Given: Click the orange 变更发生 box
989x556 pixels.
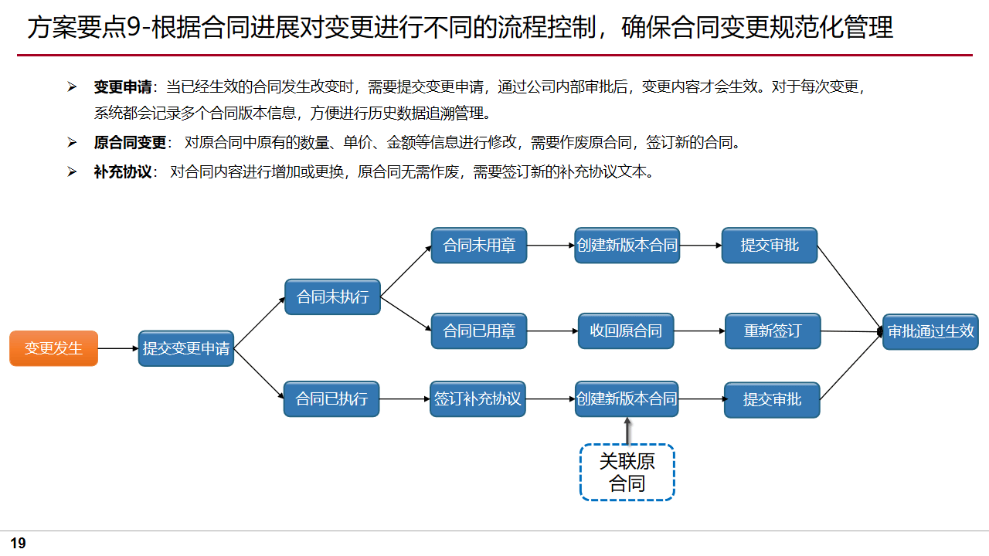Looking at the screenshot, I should pos(53,348).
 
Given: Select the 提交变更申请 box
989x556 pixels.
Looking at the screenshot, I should pos(186,348).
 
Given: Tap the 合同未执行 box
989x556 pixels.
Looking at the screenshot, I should pos(332,297).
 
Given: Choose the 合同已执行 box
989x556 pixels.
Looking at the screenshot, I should pos(331,399).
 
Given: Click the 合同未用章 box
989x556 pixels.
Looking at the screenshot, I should pos(479,246).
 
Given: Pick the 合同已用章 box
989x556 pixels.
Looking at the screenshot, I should pos(479,331).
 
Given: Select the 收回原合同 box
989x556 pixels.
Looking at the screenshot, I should pos(626,331).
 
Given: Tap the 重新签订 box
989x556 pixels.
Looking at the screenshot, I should pos(773,331).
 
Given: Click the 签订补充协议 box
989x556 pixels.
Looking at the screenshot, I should pos(478,399).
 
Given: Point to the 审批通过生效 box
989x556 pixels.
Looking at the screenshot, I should pos(930,331).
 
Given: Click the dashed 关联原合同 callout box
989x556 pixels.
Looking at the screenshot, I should pos(627,473).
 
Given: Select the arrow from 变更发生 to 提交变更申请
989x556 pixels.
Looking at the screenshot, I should pos(118,348).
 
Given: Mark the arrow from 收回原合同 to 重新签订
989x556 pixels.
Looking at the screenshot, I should pos(699,331).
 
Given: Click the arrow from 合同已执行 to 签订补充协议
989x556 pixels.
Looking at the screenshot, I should pos(405,399).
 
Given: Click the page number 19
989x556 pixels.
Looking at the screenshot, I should pos(18,543).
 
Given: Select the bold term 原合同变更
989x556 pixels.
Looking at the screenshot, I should pos(130,143).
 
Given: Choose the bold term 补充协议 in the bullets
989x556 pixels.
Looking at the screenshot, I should pos(122,171).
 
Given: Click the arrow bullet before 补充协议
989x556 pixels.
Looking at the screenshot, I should pos(72,171).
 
